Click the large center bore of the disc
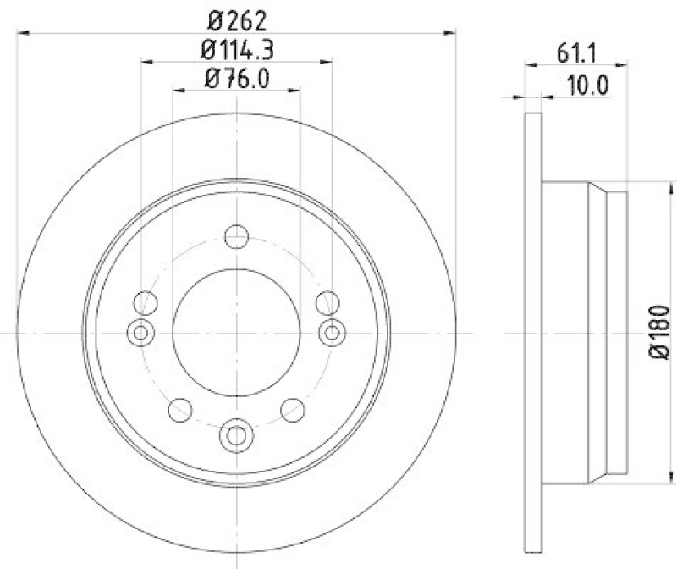tap(236, 333)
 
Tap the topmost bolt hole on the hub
tap(237, 235)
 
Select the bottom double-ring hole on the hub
tap(236, 436)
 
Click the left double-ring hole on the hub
tap(140, 333)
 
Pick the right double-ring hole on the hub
tap(333, 333)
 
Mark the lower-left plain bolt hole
tap(179, 412)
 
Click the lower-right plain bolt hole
tap(293, 412)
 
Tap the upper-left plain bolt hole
tap(146, 301)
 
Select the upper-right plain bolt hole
tap(327, 301)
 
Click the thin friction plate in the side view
tap(532, 332)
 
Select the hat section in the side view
tap(584, 332)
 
